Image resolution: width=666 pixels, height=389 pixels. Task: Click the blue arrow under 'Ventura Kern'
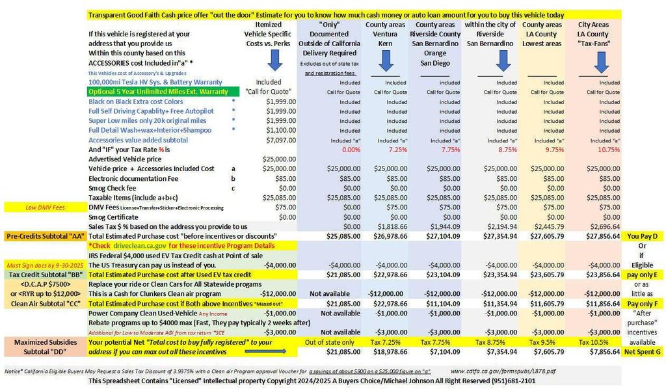pos(386,60)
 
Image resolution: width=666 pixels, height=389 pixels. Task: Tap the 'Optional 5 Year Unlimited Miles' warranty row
pos(158,92)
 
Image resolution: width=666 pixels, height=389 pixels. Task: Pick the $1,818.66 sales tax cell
pos(386,225)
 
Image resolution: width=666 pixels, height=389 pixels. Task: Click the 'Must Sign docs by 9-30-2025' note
pos(44,265)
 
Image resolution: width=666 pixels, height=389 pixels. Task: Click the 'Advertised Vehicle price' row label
pos(125,159)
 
